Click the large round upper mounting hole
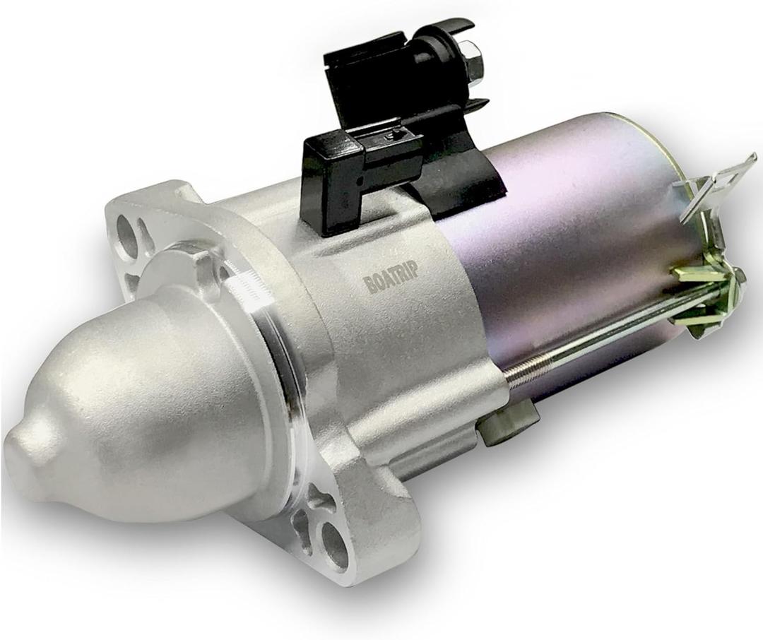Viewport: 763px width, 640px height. [127, 236]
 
